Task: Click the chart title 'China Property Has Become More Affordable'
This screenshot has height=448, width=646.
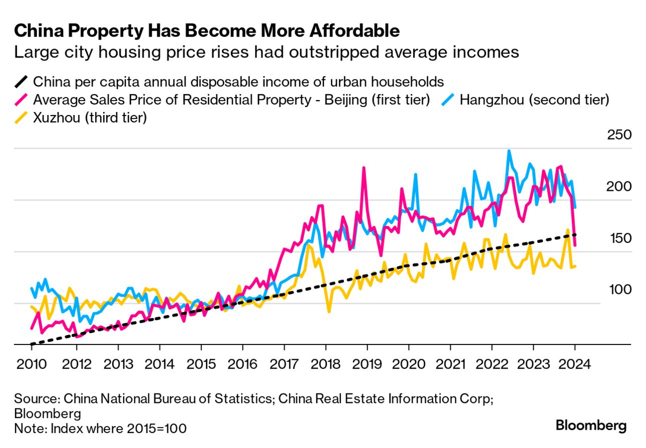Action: coord(207,31)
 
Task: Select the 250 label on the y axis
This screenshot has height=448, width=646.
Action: coord(619,135)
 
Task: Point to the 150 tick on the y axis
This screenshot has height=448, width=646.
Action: coord(619,238)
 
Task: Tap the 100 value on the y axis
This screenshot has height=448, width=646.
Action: coord(619,289)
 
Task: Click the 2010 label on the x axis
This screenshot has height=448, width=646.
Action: coord(31,363)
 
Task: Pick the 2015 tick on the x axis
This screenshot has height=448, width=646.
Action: coord(201,363)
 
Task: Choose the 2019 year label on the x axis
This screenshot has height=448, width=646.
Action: coord(367,363)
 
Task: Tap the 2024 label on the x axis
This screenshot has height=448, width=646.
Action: coord(575,363)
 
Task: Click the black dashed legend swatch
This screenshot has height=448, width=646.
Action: coord(21,81)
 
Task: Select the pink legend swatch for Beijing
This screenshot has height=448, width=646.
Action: coord(21,100)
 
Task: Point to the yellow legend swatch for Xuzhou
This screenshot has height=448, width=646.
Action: coord(21,119)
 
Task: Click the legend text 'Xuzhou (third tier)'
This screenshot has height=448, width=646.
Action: coord(90,119)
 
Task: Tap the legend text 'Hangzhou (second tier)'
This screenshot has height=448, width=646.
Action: coord(534,100)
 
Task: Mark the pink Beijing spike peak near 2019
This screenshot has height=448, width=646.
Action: coord(364,167)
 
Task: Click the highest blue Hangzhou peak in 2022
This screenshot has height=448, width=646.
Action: coord(509,150)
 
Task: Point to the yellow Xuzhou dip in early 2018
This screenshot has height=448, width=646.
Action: coord(329,311)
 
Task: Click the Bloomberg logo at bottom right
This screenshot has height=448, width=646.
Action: coord(591,426)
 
